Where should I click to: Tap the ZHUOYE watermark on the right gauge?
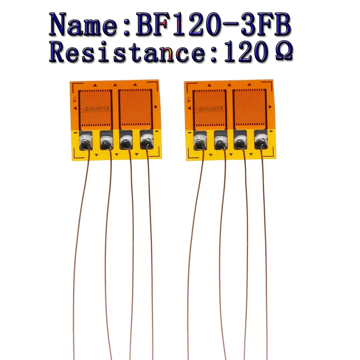tap(211, 108)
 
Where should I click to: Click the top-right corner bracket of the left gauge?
tap(155, 85)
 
